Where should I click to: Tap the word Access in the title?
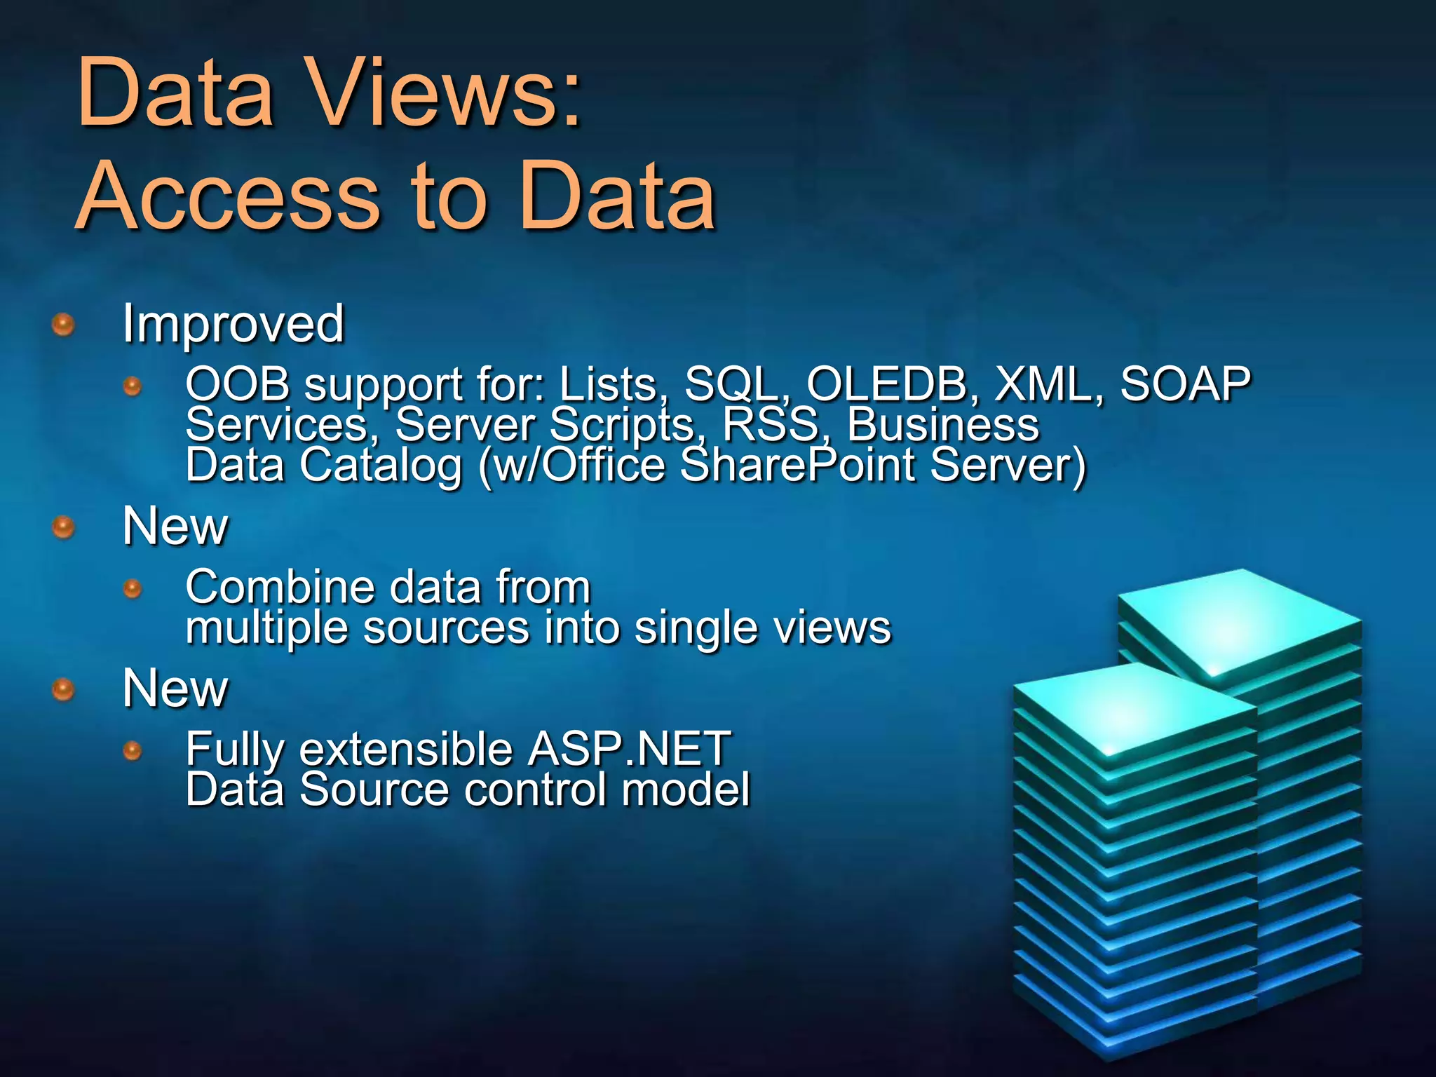pos(228,196)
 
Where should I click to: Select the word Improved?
pos(233,324)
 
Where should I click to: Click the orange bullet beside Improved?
pos(64,325)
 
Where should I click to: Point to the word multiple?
pos(266,628)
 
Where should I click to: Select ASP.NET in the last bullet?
pos(629,749)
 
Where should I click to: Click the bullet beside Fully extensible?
pos(132,752)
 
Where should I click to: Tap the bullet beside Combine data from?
pos(132,588)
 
